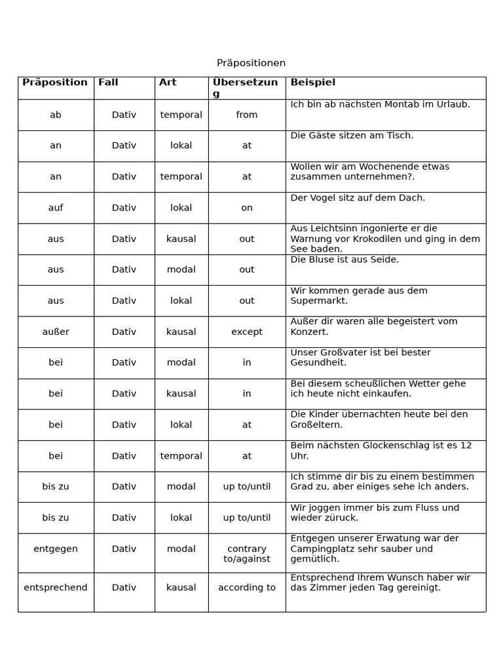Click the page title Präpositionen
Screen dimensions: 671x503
pyautogui.click(x=251, y=63)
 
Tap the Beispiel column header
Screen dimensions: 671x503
pyautogui.click(x=312, y=83)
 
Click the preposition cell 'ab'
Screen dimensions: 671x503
pyautogui.click(x=56, y=115)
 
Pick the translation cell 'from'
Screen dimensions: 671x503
pyautogui.click(x=247, y=115)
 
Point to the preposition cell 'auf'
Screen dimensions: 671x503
pyautogui.click(x=56, y=208)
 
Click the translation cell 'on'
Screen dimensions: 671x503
pyautogui.click(x=247, y=208)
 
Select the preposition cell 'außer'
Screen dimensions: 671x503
pyautogui.click(x=56, y=332)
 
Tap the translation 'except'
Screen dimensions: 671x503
pyautogui.click(x=247, y=332)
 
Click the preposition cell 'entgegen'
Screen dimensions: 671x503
pyautogui.click(x=56, y=548)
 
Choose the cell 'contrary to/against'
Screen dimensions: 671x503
pyautogui.click(x=247, y=554)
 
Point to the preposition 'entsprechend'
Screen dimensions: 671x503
pyautogui.click(x=56, y=587)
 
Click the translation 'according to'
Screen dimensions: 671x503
pyautogui.click(x=247, y=587)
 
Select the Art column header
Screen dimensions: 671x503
pyautogui.click(x=168, y=83)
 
